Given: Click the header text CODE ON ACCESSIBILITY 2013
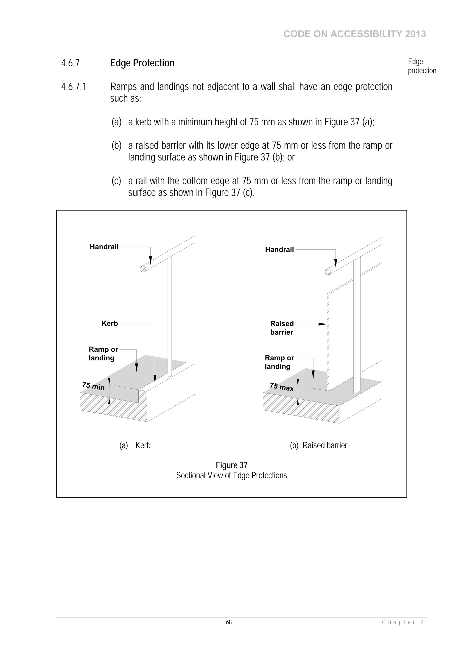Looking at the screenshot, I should coord(355,34).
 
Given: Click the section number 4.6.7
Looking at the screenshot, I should coord(70,63).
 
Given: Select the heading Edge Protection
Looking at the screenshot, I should coord(142,63).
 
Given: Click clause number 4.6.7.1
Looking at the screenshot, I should coord(74,87).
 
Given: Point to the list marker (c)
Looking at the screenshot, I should coord(116,181).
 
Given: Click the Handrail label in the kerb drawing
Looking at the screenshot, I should coord(104,247).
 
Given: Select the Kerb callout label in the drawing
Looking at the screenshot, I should coord(110,323).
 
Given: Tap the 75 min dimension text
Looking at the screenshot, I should coord(93,386).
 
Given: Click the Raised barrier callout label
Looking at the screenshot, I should coord(282,328).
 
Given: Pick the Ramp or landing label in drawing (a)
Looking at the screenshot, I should coord(103,354).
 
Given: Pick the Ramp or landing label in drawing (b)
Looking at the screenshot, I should coord(279,362).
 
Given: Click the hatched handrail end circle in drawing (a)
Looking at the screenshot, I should coord(143,269).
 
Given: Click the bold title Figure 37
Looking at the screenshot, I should coord(231,465).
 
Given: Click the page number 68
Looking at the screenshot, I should coord(229,622).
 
